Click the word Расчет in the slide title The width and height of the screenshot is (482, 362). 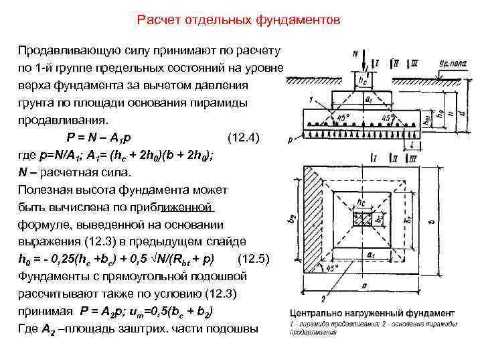point(155,20)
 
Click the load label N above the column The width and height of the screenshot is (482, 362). point(353,56)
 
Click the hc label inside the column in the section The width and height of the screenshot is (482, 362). point(362,80)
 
